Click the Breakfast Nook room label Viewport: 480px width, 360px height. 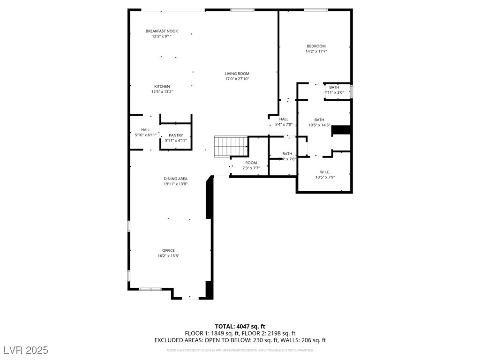click(x=162, y=31)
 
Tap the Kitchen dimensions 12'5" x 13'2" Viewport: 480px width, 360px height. click(x=162, y=92)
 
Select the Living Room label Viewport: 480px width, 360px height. click(x=237, y=74)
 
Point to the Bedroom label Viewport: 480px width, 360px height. click(x=316, y=46)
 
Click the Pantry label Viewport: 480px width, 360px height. click(x=176, y=135)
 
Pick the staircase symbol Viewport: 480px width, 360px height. click(x=231, y=146)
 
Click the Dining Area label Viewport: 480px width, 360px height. click(x=176, y=179)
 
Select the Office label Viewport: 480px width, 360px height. click(x=169, y=250)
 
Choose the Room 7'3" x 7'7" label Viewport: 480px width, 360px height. click(x=251, y=163)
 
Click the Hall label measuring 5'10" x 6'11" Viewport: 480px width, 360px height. click(x=146, y=130)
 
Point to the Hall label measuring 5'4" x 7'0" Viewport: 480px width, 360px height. click(x=284, y=119)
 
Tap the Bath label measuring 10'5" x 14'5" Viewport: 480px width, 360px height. click(x=319, y=120)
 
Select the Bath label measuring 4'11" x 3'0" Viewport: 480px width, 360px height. click(x=334, y=87)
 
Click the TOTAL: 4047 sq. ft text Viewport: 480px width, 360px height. click(x=240, y=326)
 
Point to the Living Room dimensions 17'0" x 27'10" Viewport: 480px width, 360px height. click(x=237, y=79)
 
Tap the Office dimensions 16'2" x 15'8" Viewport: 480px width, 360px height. click(x=169, y=256)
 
